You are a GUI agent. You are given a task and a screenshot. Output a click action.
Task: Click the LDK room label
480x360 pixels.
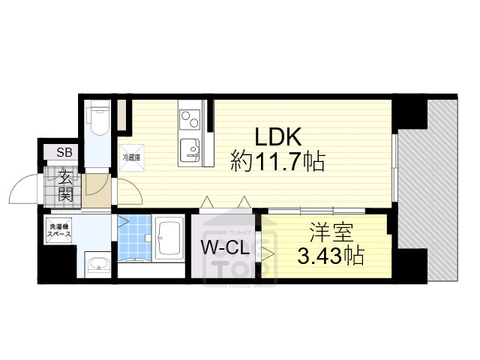pos(279,136)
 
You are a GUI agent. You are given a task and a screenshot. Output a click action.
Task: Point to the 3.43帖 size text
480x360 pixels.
pos(331,256)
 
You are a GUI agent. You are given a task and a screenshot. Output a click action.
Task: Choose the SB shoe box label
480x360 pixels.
pos(65,152)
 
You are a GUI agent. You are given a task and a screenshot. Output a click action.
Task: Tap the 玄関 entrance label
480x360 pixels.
pos(65,187)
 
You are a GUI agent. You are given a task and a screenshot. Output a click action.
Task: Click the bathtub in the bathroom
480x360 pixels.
pos(172,232)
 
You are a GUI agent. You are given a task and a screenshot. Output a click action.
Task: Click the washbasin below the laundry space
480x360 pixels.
pos(97,264)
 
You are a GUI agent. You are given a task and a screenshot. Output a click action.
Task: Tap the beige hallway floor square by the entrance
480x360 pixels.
pos(97,191)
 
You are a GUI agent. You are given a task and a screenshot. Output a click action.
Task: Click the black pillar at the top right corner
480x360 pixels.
pos(412,113)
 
